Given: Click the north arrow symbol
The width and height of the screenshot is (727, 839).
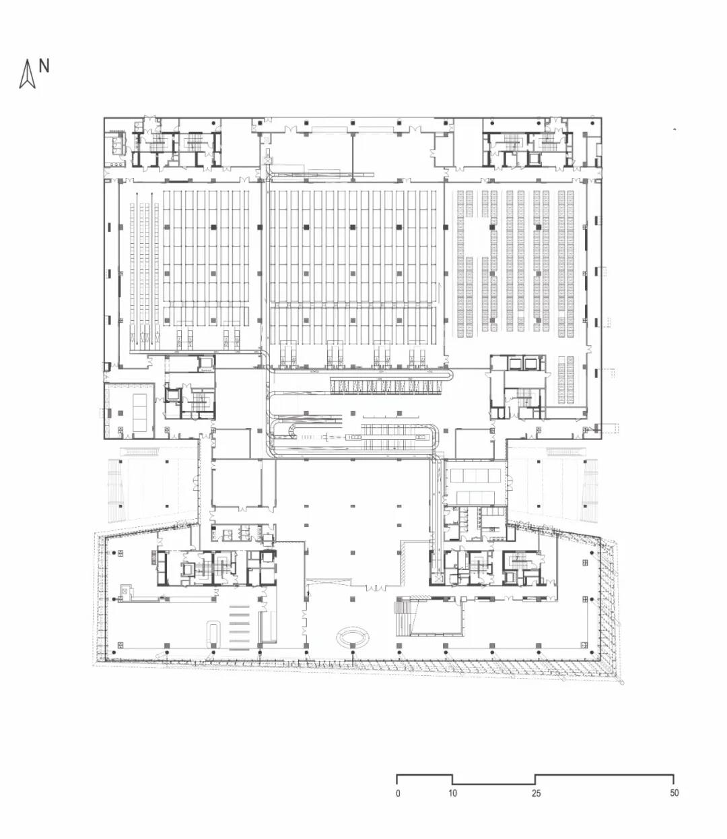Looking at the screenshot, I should [27, 75].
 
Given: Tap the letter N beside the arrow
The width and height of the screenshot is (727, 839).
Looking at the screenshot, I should [44, 66].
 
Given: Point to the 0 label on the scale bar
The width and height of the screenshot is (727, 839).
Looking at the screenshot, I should [398, 793].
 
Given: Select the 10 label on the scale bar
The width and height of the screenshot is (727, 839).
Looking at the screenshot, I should [452, 793].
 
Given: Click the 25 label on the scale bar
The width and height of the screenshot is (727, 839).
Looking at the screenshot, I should [536, 793].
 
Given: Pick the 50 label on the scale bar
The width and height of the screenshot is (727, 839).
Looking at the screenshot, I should [674, 793].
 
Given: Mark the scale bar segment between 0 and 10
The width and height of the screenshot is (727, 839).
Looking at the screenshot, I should [424, 776].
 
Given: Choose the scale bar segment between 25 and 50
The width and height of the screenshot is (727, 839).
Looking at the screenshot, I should [604, 776].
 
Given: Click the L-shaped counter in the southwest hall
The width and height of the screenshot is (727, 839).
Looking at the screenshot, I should [168, 595].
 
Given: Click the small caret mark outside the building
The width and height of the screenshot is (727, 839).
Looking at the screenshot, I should [674, 129].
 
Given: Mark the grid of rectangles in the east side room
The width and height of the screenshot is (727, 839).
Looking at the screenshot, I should [474, 475].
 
